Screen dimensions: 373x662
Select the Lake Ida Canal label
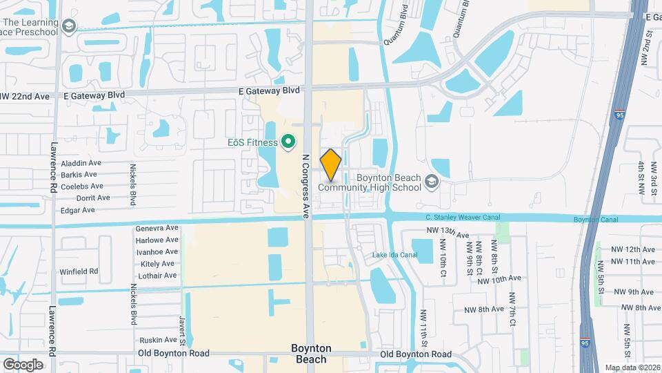pos(395,255)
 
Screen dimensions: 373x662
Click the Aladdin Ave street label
pos(81,163)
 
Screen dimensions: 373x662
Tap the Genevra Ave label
pos(157,229)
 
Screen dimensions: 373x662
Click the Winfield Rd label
pos(79,271)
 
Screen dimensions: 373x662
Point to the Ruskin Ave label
pos(158,340)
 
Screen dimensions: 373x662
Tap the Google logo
pos(23,364)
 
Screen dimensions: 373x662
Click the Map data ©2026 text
pos(632,367)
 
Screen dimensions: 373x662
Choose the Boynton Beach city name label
pos(311,354)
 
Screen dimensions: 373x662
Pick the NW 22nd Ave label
pos(26,97)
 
